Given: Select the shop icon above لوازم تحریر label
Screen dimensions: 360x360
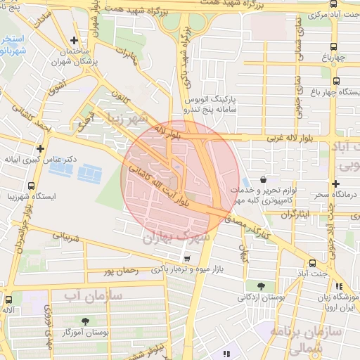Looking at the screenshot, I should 263,180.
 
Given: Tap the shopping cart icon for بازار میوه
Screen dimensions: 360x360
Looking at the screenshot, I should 186,257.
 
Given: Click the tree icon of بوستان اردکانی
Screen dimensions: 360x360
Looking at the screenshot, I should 262,285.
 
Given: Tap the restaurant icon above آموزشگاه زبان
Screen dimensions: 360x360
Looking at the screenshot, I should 340,286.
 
